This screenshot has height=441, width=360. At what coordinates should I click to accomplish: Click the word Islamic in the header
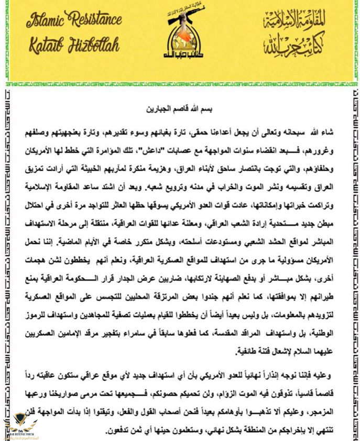[47, 21]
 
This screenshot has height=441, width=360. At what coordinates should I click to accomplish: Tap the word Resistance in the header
[96, 21]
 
